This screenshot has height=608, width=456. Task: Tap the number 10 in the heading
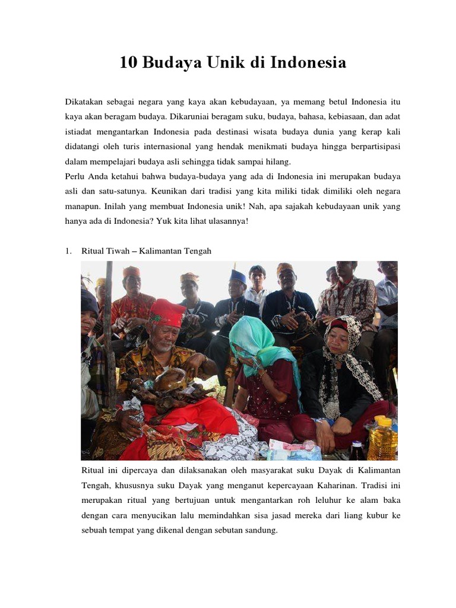[x=128, y=62]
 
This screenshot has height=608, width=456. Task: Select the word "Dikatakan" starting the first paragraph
[x=84, y=101]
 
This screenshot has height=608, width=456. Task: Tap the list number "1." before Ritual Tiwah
[x=68, y=251]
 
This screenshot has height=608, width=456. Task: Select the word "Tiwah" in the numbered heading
[x=119, y=251]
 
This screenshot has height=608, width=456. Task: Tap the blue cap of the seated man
[x=237, y=277]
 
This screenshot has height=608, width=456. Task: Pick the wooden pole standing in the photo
[x=109, y=332]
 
